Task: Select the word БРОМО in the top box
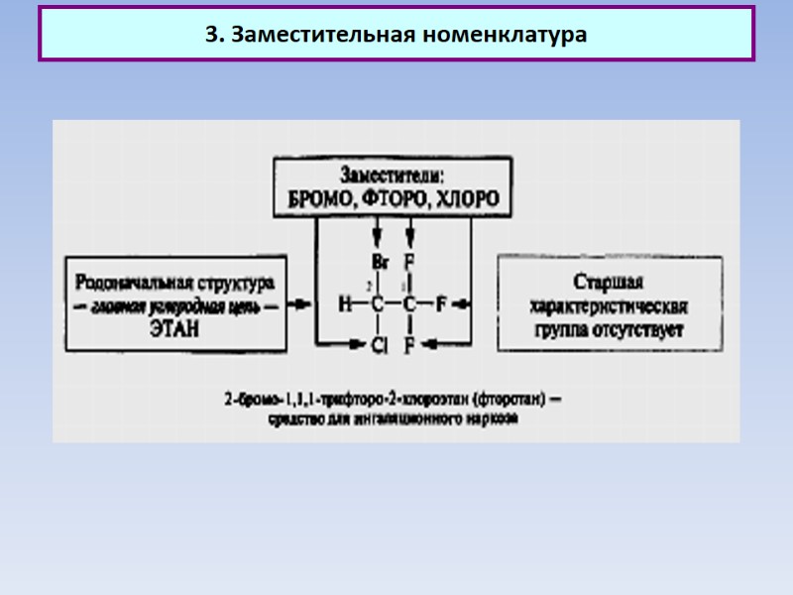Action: [322, 198]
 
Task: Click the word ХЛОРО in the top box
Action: [465, 198]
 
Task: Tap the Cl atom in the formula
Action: [378, 346]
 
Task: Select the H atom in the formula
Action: [345, 305]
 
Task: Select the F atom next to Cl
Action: [409, 346]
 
